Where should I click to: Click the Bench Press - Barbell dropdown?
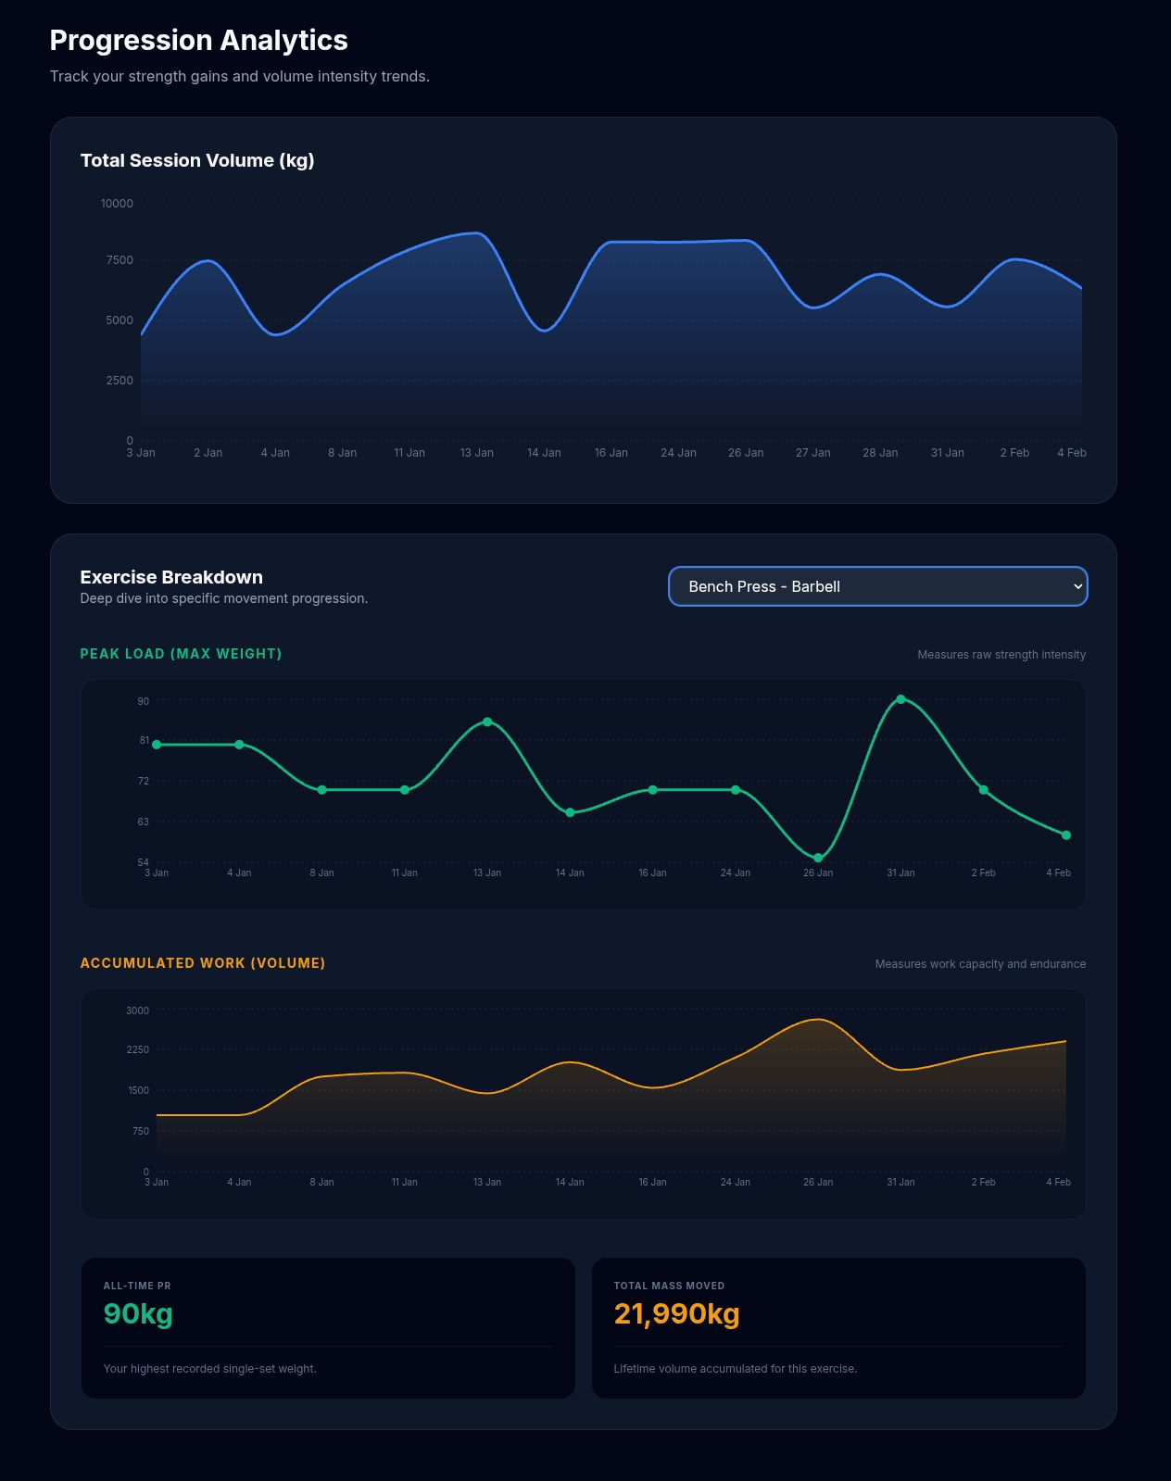click(x=876, y=586)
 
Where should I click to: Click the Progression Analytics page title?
click(x=198, y=41)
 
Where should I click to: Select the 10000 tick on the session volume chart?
click(x=117, y=204)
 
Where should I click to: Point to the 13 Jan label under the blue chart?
click(x=476, y=453)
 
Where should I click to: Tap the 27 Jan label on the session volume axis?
click(x=812, y=453)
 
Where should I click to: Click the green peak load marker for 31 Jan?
click(x=900, y=699)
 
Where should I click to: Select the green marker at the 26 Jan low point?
click(x=818, y=858)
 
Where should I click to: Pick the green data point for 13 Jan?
click(x=487, y=722)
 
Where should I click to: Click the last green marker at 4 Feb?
click(x=1065, y=835)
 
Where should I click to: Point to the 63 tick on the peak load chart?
click(x=143, y=822)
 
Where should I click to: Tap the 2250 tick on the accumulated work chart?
click(x=137, y=1049)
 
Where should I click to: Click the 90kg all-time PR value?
click(x=138, y=1313)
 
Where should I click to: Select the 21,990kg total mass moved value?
click(x=676, y=1313)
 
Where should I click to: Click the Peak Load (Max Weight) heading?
click(x=181, y=654)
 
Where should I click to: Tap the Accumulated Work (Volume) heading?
click(x=203, y=963)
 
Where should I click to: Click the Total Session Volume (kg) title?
click(x=197, y=160)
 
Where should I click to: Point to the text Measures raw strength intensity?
click(x=1001, y=655)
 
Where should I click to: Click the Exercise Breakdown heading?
click(x=171, y=577)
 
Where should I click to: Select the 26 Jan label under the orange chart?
click(x=817, y=1182)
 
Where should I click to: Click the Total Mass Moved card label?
click(x=669, y=1286)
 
